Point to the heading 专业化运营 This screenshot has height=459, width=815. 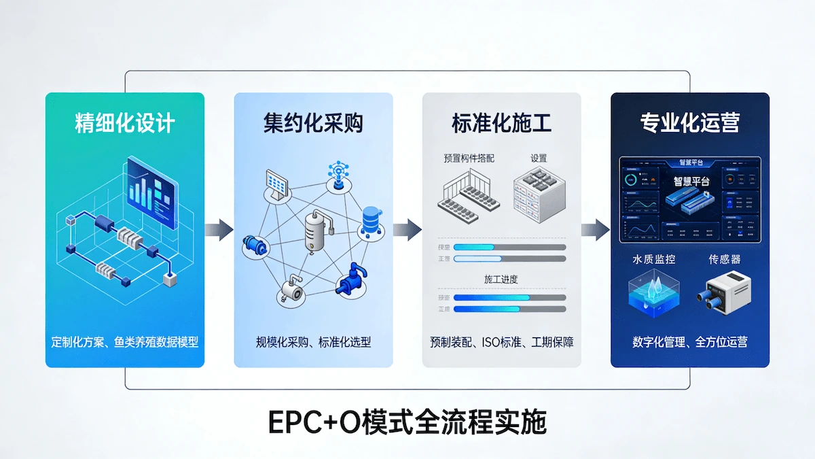689,123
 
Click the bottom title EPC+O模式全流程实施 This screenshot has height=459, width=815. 407,422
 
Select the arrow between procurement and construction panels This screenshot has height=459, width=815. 407,230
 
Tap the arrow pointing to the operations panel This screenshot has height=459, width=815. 596,230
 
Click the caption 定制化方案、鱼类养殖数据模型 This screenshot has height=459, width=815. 125,342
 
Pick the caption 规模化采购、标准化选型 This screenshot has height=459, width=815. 313,342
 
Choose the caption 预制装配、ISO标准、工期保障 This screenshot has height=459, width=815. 501,342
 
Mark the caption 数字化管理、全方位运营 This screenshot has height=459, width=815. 689,342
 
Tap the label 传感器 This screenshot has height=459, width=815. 725,259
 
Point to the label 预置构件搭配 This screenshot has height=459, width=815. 469,158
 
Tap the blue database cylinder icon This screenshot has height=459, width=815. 371,219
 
